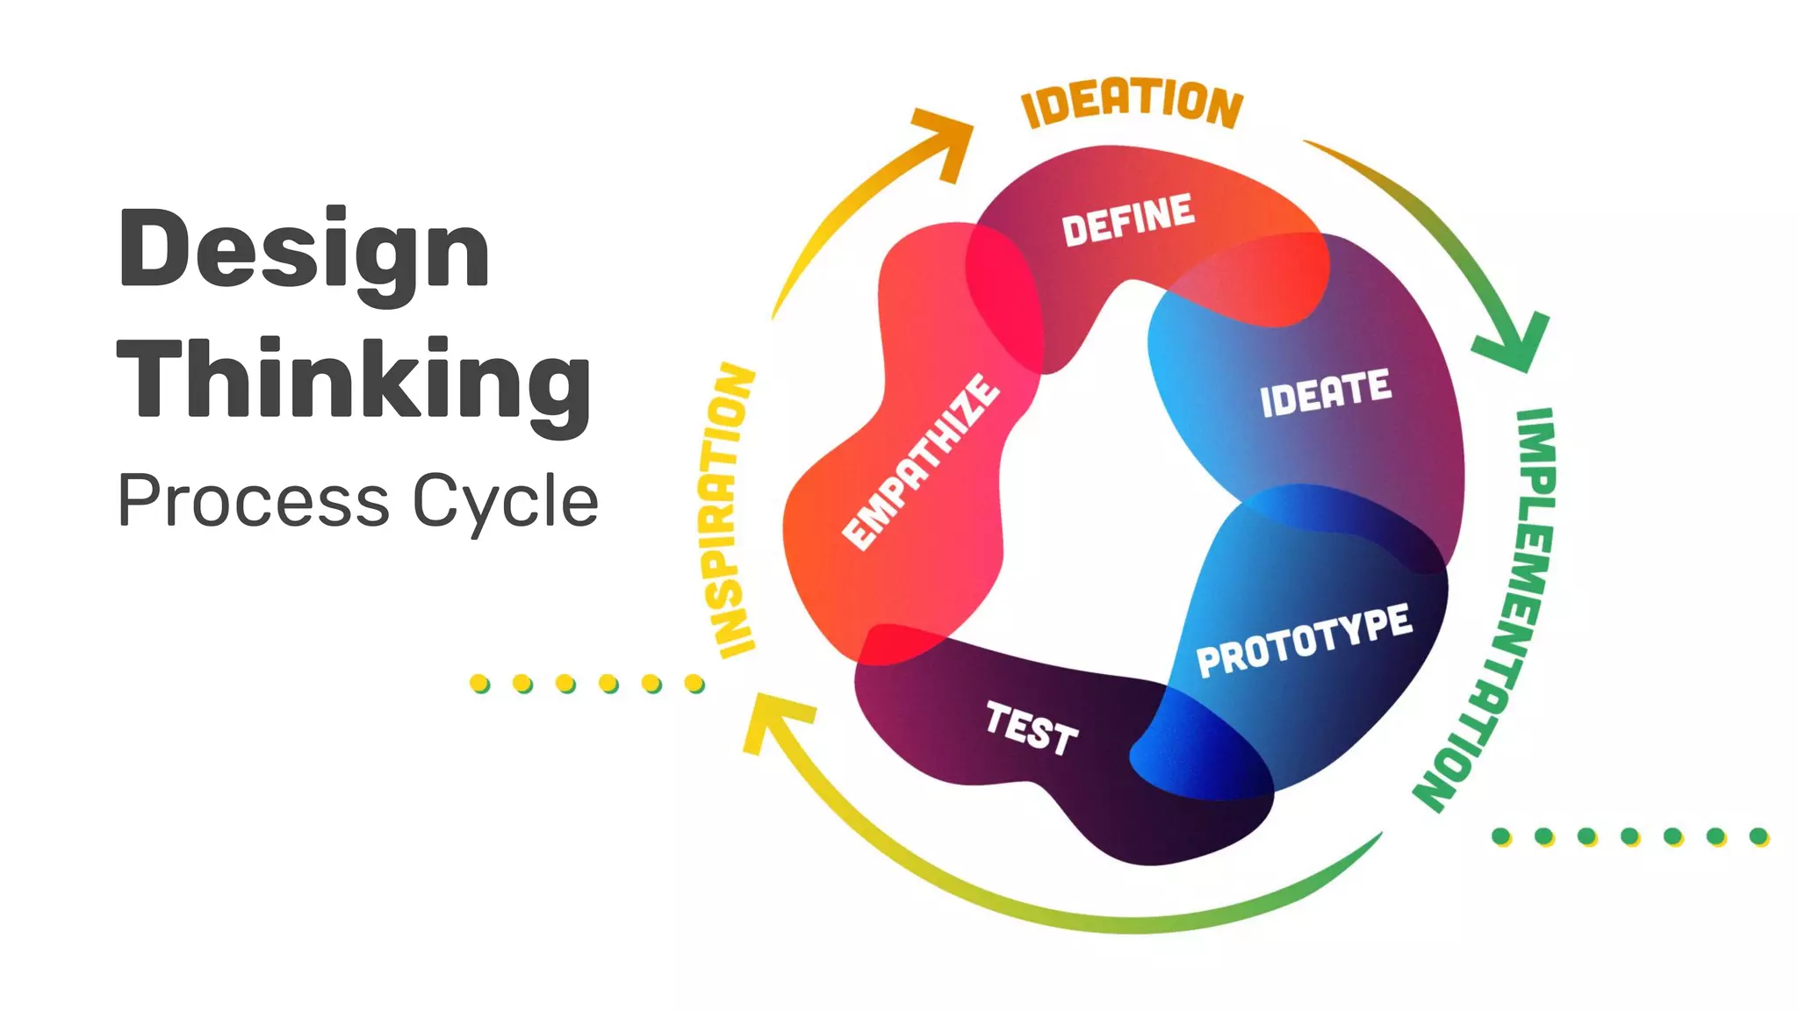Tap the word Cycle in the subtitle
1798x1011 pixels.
click(x=506, y=501)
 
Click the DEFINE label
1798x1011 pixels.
click(x=1128, y=219)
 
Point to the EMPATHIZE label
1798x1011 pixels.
click(x=920, y=462)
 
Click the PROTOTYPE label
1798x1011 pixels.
click(x=1305, y=641)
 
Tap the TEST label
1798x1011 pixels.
click(x=1032, y=728)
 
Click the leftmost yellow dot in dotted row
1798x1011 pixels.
click(x=479, y=683)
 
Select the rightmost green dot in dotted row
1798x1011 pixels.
click(x=1758, y=836)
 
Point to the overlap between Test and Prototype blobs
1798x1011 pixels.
click(x=1203, y=746)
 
